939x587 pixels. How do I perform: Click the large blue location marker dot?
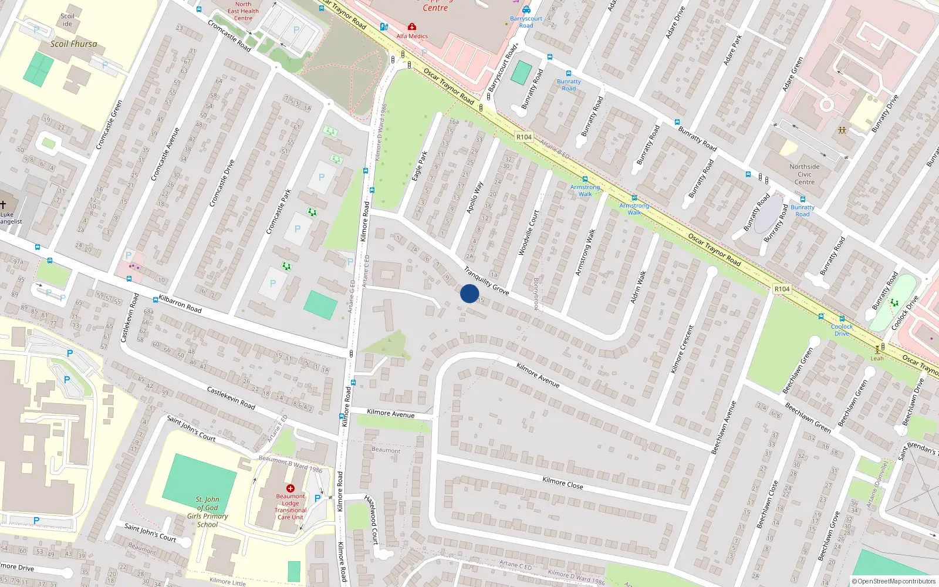(469, 293)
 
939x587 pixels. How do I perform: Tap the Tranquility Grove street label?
(486, 281)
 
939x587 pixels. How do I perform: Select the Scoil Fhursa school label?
(73, 44)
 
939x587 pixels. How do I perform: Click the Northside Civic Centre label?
(804, 174)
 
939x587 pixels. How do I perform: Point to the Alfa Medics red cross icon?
(412, 27)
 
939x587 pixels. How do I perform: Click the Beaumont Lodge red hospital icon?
(290, 488)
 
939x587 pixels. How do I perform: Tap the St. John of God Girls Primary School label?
(208, 512)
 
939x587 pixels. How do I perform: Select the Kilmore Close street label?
(563, 483)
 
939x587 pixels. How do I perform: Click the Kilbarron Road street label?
(180, 303)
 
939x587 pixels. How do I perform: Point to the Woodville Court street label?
(528, 233)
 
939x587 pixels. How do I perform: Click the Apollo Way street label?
(474, 197)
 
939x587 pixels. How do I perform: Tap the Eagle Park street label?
(420, 166)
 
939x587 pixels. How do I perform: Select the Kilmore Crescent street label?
(682, 349)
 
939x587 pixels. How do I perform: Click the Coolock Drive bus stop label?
(842, 330)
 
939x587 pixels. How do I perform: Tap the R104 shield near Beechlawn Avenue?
(782, 289)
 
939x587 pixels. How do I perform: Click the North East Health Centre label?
(243, 11)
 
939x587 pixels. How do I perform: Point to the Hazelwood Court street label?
(372, 519)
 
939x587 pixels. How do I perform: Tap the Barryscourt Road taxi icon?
(526, 9)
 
